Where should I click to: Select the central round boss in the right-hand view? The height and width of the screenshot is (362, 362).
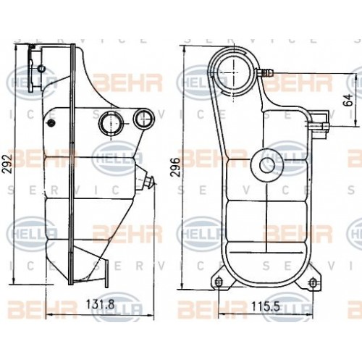point(267,164)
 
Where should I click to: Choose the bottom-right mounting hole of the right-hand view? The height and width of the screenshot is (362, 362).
point(313,282)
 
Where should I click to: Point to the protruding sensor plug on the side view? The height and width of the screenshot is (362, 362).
point(148,181)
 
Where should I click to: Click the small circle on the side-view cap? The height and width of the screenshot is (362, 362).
point(41,69)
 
